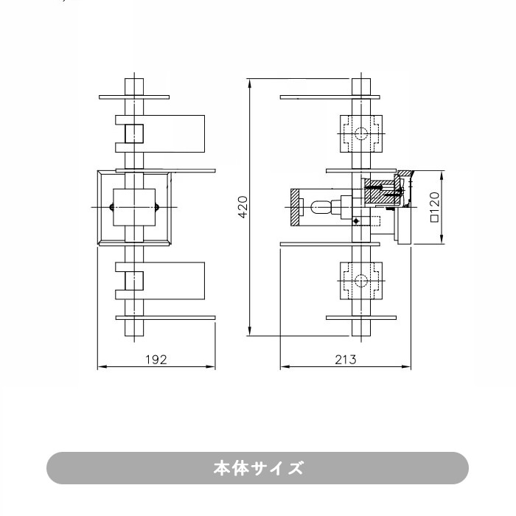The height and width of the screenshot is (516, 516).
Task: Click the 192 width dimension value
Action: click(156, 360)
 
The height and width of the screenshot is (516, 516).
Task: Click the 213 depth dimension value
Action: click(345, 360)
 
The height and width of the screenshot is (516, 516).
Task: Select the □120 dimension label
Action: click(434, 207)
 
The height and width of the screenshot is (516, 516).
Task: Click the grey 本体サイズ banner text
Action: click(257, 468)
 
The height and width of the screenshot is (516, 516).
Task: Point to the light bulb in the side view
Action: click(323, 207)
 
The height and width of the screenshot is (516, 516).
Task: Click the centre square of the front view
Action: click(134, 207)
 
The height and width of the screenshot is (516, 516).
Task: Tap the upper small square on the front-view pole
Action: click(134, 133)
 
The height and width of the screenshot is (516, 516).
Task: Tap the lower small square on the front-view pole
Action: click(134, 281)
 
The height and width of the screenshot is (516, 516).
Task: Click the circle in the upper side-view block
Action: click(360, 133)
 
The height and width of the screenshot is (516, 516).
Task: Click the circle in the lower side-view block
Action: click(360, 281)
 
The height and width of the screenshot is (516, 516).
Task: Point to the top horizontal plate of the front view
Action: click(134, 97)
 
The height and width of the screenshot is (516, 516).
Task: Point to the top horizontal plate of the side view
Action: click(330, 97)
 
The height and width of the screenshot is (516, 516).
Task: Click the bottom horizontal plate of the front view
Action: click(166, 318)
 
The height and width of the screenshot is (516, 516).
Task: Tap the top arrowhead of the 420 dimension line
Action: click(251, 81)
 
